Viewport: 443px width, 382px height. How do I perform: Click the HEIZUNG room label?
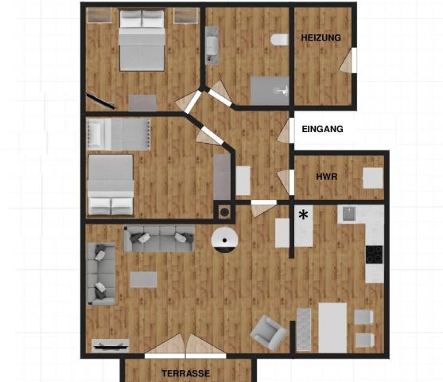pyautogui.click(x=321, y=37)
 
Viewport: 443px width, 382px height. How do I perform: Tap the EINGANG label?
pyautogui.click(x=322, y=129)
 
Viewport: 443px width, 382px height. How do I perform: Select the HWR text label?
pyautogui.click(x=327, y=177)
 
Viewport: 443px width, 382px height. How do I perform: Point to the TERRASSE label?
pyautogui.click(x=185, y=373)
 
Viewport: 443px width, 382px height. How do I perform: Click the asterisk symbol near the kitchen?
pyautogui.click(x=303, y=216)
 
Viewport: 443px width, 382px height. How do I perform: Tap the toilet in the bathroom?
pyautogui.click(x=279, y=40)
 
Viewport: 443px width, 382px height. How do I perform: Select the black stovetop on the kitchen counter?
pyautogui.click(x=375, y=255)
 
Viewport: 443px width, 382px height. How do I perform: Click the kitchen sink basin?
pyautogui.click(x=349, y=214)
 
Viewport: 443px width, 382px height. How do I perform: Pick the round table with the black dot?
pyautogui.click(x=224, y=240)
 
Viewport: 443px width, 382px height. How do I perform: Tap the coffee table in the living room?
pyautogui.click(x=143, y=279)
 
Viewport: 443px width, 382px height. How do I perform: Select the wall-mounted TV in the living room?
pyautogui.click(x=111, y=345)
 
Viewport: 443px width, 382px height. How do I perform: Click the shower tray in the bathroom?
pyautogui.click(x=270, y=91)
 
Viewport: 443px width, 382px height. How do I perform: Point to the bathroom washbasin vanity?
pyautogui.click(x=212, y=45)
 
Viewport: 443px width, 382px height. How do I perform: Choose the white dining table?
pyautogui.click(x=332, y=328)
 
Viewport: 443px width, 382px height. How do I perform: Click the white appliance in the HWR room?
pyautogui.click(x=373, y=177)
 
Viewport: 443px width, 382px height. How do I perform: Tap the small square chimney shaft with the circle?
pyautogui.click(x=224, y=212)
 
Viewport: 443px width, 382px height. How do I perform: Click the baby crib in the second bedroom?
pyautogui.click(x=119, y=134)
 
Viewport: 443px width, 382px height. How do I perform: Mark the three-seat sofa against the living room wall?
pyautogui.click(x=159, y=239)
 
